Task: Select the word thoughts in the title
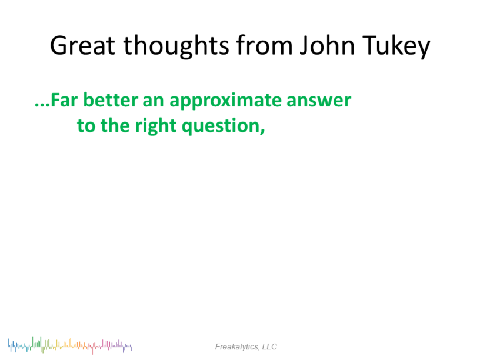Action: [176, 46]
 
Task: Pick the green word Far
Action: [64, 100]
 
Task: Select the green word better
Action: [111, 100]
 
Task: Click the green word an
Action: [154, 101]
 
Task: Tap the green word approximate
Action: [226, 101]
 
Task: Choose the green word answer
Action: [319, 101]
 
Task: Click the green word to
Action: [86, 126]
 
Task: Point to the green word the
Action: [115, 125]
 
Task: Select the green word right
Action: [156, 126]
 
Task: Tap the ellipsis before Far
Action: [42, 105]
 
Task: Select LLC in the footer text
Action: [269, 346]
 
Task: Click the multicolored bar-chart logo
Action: [70, 346]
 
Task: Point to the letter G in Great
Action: [58, 46]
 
